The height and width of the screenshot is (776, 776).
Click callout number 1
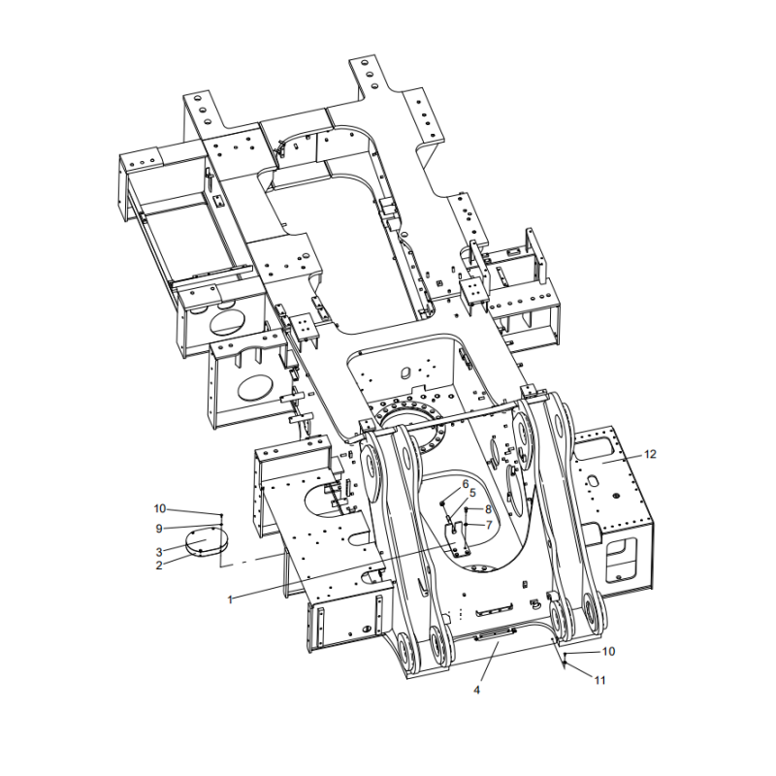click(x=230, y=599)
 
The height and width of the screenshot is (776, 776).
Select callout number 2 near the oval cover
click(x=159, y=565)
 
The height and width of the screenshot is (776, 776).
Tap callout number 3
click(x=159, y=552)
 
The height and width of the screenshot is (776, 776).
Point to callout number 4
click(x=476, y=690)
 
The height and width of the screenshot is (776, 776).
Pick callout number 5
click(x=472, y=493)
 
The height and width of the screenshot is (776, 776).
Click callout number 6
click(x=465, y=483)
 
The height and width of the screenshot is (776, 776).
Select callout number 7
click(x=489, y=525)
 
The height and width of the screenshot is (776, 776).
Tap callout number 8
click(x=489, y=508)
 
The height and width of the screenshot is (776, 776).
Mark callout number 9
click(x=159, y=529)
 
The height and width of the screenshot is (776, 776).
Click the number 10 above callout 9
click(x=160, y=508)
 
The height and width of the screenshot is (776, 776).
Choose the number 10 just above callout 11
click(x=608, y=651)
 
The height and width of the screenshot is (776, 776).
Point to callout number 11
click(x=599, y=680)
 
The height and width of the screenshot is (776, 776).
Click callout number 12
click(x=650, y=454)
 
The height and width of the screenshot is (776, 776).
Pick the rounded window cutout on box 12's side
click(x=624, y=555)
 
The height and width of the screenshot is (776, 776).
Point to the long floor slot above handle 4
click(x=495, y=611)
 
